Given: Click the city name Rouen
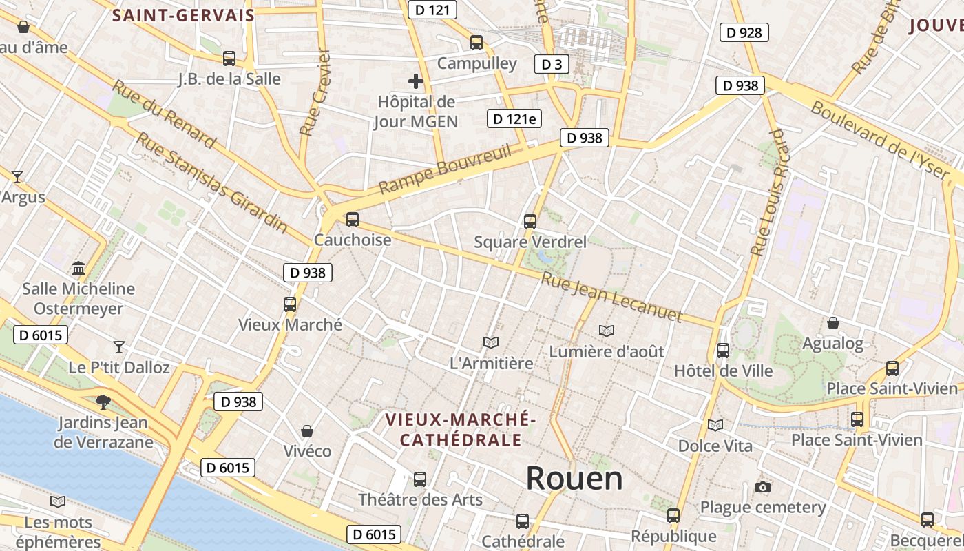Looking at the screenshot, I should pyautogui.click(x=574, y=478).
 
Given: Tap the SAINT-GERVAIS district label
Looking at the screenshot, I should pyautogui.click(x=183, y=15).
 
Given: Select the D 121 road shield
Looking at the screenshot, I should pyautogui.click(x=432, y=10).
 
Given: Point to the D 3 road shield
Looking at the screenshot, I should pyautogui.click(x=552, y=65).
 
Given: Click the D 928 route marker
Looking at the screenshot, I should pyautogui.click(x=744, y=32).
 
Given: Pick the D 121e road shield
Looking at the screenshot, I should pyautogui.click(x=514, y=118).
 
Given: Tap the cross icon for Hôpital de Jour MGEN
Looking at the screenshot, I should pyautogui.click(x=416, y=81).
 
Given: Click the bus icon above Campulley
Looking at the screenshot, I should pyautogui.click(x=476, y=43).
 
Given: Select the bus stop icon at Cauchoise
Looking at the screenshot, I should pyautogui.click(x=353, y=220).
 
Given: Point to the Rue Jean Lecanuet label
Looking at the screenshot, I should pyautogui.click(x=611, y=298).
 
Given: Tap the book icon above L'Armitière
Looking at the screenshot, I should pyautogui.click(x=491, y=342).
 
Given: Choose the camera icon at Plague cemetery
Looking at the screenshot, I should pyautogui.click(x=762, y=488).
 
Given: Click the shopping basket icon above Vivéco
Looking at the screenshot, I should pyautogui.click(x=307, y=431).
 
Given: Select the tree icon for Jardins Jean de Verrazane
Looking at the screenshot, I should pyautogui.click(x=103, y=401).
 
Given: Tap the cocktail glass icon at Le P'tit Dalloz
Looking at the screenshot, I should pyautogui.click(x=119, y=346).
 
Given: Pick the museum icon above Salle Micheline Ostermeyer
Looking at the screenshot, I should pyautogui.click(x=78, y=267).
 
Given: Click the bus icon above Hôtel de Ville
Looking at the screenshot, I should pyautogui.click(x=723, y=351).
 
